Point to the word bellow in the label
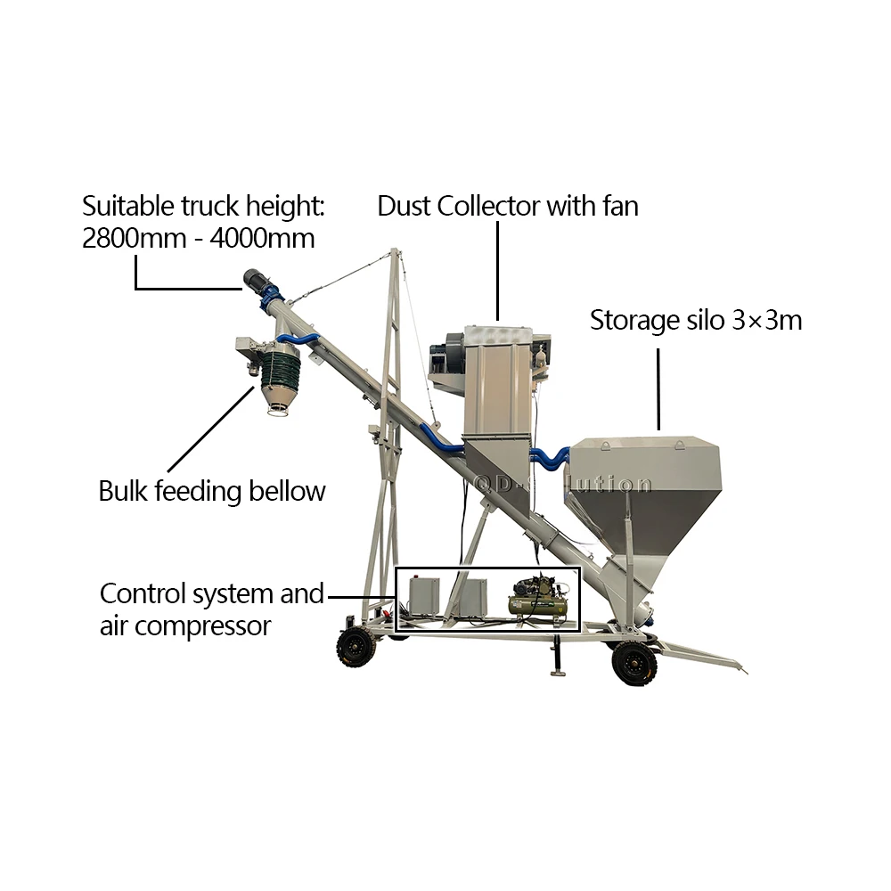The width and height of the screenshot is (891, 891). coord(283,491)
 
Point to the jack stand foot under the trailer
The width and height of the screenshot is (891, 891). coord(558,674)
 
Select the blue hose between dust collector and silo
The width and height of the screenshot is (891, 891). coord(551,457)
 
